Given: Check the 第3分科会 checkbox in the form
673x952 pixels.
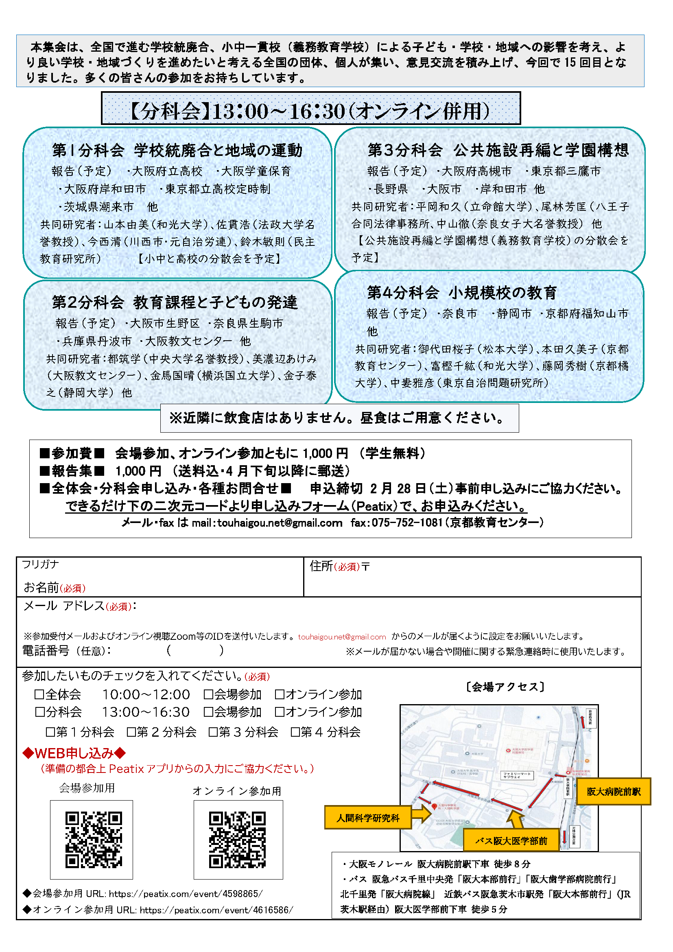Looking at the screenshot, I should [x=213, y=732].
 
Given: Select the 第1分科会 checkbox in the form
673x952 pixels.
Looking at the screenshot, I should [x=50, y=732].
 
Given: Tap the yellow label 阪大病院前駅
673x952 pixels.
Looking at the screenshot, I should [x=613, y=792].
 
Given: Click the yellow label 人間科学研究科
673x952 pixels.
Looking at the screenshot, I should [x=367, y=818].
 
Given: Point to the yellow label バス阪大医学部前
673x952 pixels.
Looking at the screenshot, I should [x=511, y=840].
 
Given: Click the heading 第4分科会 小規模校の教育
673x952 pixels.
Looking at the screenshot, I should [x=462, y=293].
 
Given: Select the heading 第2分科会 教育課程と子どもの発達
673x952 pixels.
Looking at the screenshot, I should [x=175, y=302].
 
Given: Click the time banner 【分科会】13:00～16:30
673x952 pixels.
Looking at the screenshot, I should [x=311, y=110].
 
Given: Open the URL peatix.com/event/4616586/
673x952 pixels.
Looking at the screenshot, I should [x=216, y=910].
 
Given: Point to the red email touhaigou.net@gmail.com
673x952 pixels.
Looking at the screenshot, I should [x=342, y=637].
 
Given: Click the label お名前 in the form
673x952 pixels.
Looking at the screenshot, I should [x=42, y=587].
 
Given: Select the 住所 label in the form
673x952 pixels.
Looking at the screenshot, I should [x=321, y=566].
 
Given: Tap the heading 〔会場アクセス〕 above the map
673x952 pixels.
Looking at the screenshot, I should [x=505, y=687].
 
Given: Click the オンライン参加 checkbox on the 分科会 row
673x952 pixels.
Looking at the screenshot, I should [x=280, y=712].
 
